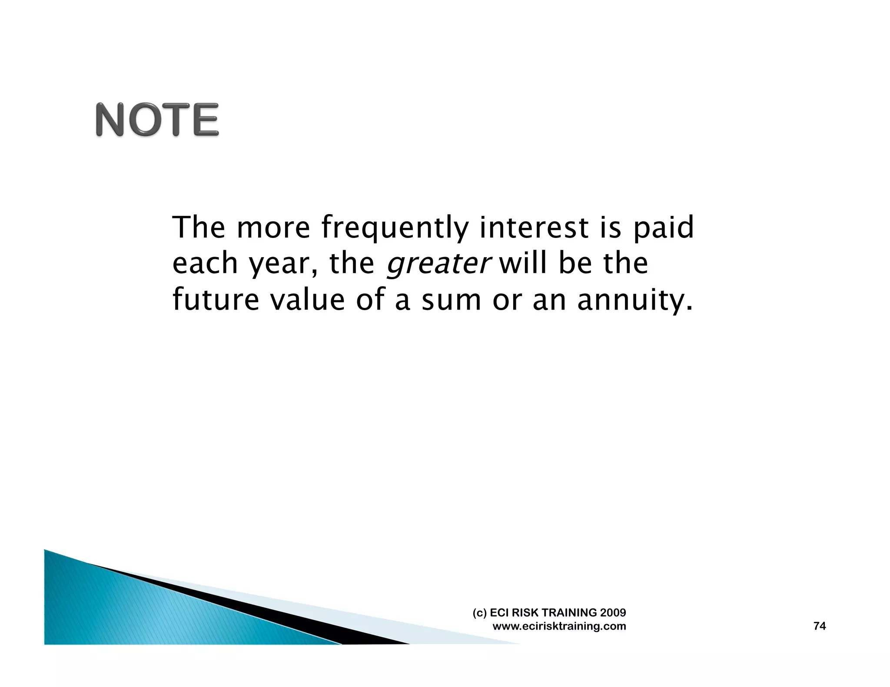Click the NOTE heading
[157, 120]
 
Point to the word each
[205, 264]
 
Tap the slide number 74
[819, 626]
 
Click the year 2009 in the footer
[613, 613]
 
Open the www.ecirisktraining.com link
[559, 626]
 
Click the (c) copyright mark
[479, 613]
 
